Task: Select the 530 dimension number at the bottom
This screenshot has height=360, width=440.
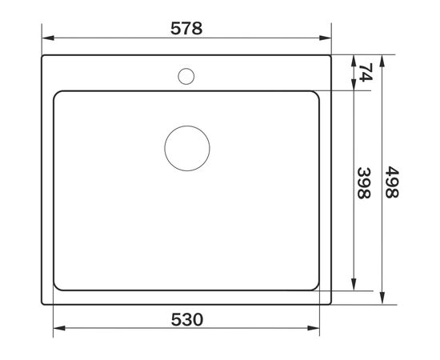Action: (186, 319)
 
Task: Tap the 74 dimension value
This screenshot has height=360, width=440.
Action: (366, 74)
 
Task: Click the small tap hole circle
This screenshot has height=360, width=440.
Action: (186, 77)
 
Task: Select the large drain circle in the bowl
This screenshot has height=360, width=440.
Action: (186, 148)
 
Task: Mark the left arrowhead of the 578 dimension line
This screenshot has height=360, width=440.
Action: (46, 38)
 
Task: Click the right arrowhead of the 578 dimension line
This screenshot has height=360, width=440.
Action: (327, 38)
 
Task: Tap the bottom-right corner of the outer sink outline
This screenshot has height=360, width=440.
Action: (331, 304)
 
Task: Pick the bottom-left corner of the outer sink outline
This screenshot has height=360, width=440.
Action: (42, 304)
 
